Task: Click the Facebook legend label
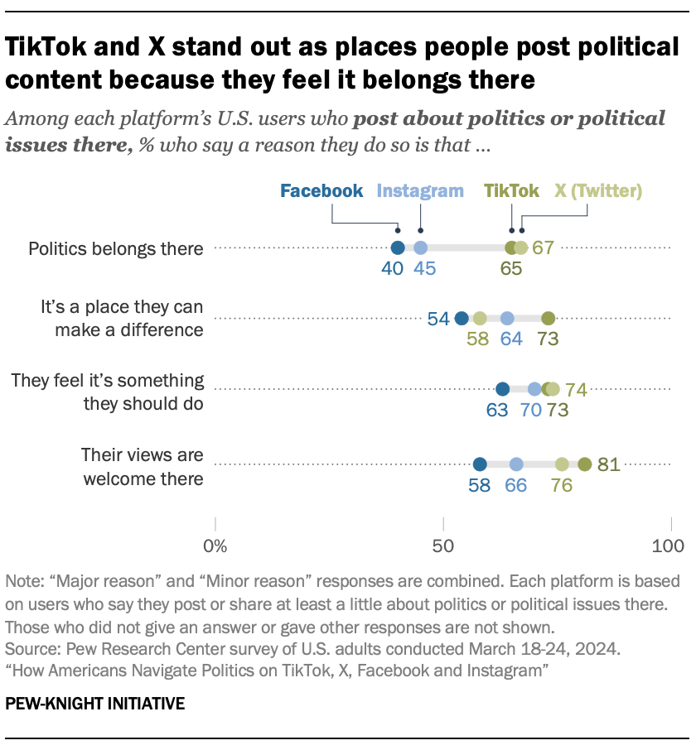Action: point(321,191)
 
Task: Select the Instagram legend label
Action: point(420,191)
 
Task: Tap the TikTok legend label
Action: point(512,191)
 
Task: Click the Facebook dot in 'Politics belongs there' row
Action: point(398,248)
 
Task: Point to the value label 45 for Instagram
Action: point(423,268)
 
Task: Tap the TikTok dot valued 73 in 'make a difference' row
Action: point(548,318)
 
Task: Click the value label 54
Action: point(438,319)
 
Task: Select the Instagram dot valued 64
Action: point(507,318)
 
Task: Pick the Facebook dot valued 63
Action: point(502,389)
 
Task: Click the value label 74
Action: point(577,389)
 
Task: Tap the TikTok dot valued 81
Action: point(584,464)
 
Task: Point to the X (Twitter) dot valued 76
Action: point(562,464)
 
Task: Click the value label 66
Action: point(515,485)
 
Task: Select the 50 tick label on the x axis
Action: point(444,546)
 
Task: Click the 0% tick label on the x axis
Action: point(215,546)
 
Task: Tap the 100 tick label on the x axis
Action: point(669,546)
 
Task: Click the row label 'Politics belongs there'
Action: point(115,248)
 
